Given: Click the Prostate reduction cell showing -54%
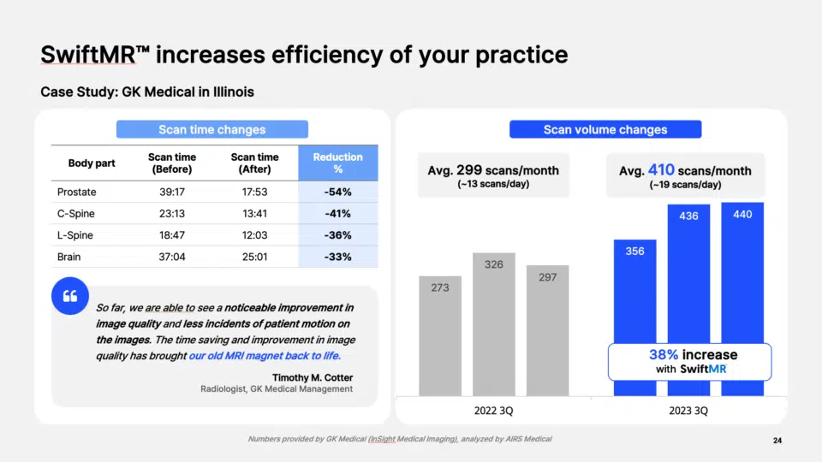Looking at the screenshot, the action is (337, 192).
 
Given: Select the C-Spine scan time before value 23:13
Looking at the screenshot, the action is (172, 214).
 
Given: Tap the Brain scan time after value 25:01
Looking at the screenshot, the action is (255, 258).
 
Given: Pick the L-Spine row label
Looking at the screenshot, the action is (75, 235).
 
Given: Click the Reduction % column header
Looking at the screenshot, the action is (337, 163).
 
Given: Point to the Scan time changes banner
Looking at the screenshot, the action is (212, 129).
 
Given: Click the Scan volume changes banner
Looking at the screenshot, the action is (605, 129).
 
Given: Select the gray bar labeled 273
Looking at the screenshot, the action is (440, 335).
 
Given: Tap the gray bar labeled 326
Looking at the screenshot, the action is (494, 324).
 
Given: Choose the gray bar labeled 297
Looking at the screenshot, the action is (547, 330).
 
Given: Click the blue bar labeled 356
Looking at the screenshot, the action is (634, 291).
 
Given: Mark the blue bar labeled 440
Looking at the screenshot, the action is (742, 273).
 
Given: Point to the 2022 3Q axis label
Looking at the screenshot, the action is (494, 411).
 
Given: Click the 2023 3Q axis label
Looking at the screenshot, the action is (688, 411).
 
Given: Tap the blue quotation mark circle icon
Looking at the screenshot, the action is (70, 296).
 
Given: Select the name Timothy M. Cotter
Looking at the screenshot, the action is (313, 377).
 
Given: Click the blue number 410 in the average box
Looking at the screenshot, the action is (661, 169).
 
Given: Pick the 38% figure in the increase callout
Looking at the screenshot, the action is (664, 354).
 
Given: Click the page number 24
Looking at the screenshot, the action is (777, 441).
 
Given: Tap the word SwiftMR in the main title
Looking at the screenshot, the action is (88, 55).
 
